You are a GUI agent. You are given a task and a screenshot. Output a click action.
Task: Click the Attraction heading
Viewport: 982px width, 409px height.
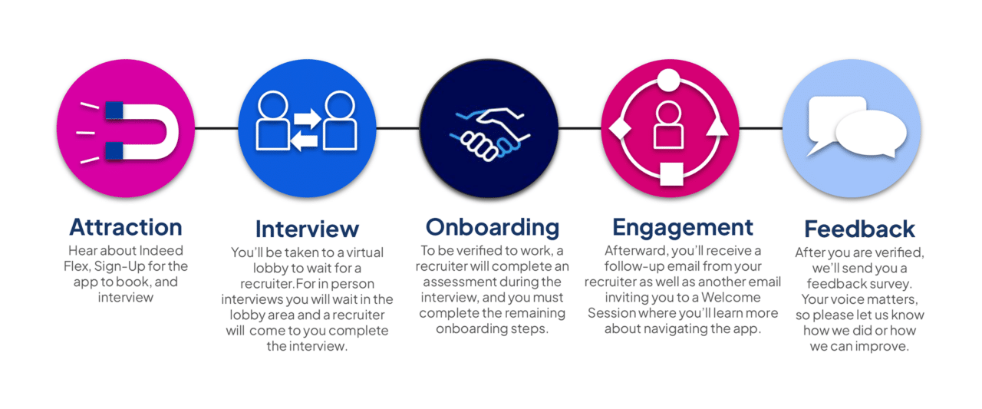pos(126,226)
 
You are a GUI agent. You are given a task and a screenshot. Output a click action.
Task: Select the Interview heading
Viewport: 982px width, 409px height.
pos(307,229)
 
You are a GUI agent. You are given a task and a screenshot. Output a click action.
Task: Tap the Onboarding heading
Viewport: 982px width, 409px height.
pos(493,226)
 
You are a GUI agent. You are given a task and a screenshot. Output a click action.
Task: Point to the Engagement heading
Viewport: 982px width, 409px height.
pos(683,226)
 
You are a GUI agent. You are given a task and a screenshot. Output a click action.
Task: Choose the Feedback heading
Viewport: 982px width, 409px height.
pos(859,229)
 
